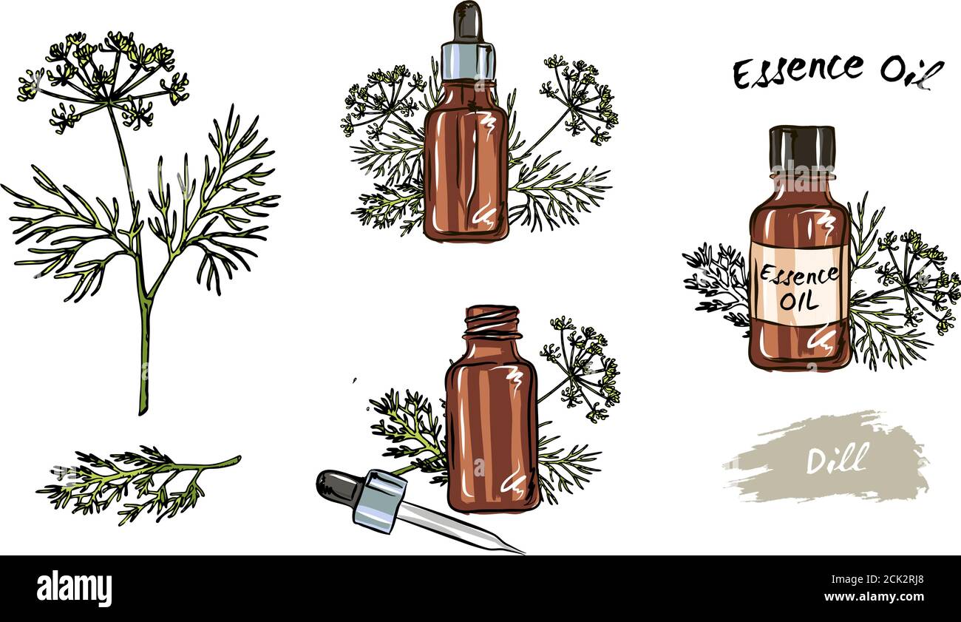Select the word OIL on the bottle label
(798, 301)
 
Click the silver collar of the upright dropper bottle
(469, 61)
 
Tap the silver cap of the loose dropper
(378, 501)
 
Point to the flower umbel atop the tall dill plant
(103, 74)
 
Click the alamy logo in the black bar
(75, 589)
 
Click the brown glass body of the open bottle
(492, 429)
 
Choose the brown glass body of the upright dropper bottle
(466, 170)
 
